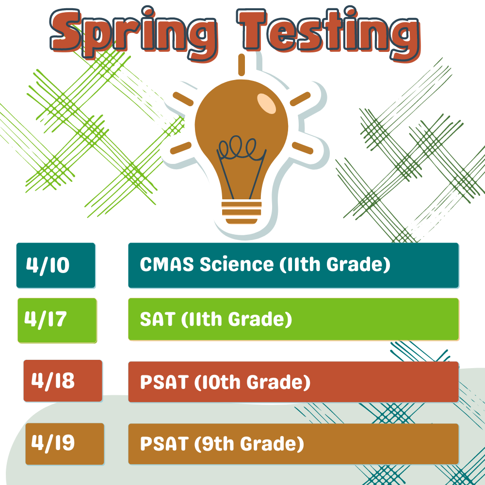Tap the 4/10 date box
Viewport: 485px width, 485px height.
pyautogui.click(x=56, y=265)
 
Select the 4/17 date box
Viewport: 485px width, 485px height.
pyautogui.click(x=57, y=321)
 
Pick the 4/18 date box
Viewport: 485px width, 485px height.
pyautogui.click(x=63, y=381)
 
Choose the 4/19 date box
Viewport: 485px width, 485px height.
pyautogui.click(x=65, y=443)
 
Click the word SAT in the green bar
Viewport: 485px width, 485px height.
pyautogui.click(x=157, y=320)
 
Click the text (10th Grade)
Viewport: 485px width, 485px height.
pyautogui.click(x=252, y=382)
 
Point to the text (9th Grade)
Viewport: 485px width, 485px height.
pyautogui.click(x=248, y=444)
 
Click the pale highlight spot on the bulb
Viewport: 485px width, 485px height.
pyautogui.click(x=266, y=102)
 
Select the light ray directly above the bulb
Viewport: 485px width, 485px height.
pyautogui.click(x=241, y=65)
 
